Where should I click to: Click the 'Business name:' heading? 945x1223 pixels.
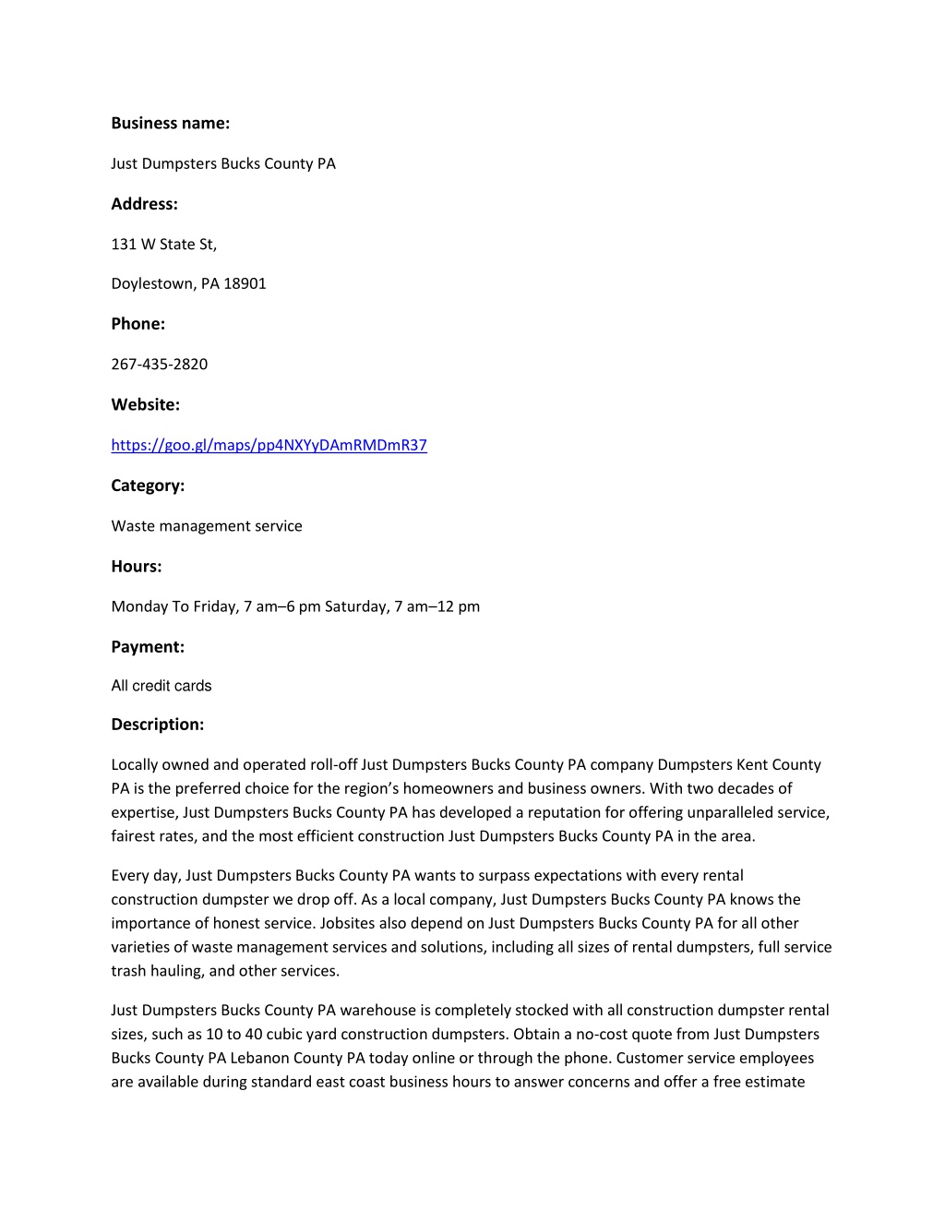[x=170, y=123]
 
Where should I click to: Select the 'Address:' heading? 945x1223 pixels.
[x=144, y=204]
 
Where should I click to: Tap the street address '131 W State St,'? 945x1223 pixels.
[x=163, y=244]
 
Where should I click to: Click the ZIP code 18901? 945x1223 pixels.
[x=245, y=283]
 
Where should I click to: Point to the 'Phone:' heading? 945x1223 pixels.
[x=138, y=324]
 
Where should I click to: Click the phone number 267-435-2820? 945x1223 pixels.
[x=159, y=364]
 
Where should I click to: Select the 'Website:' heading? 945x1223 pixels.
[x=145, y=404]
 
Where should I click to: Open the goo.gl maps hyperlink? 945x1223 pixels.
[x=269, y=445]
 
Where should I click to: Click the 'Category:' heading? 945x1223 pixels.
[x=148, y=486]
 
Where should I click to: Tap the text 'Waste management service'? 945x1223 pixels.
[x=206, y=526]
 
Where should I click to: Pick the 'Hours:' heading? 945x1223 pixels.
[x=136, y=567]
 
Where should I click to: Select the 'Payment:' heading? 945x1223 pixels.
[x=148, y=647]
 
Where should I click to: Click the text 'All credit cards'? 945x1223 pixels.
[x=161, y=686]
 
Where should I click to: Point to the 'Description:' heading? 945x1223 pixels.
[x=157, y=725]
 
